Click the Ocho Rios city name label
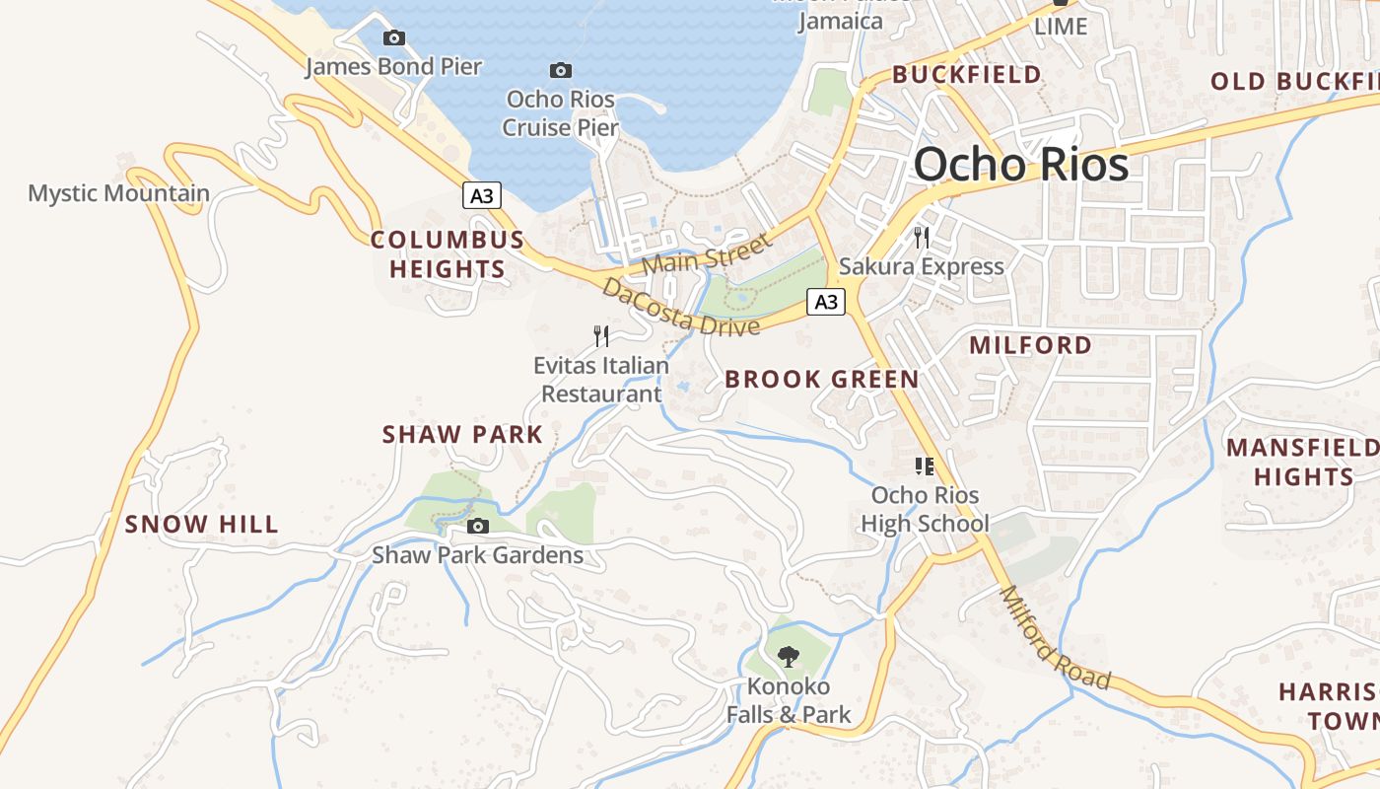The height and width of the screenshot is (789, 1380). [1020, 164]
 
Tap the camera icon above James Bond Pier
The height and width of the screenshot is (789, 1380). [394, 38]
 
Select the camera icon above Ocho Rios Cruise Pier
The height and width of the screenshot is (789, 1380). [561, 70]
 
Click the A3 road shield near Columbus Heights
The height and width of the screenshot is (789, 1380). [481, 195]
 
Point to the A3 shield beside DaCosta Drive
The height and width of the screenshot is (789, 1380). [826, 302]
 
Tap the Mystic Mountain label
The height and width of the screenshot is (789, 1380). [118, 193]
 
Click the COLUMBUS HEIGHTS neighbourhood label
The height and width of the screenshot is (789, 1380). [448, 254]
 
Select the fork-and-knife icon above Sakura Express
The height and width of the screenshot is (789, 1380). [921, 237]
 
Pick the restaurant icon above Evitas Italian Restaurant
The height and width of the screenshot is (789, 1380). [601, 336]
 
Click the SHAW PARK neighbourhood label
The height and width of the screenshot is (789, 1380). [462, 435]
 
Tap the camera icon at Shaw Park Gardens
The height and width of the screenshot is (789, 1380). [478, 527]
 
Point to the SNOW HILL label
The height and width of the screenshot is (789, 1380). [202, 525]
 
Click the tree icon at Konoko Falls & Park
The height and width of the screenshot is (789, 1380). [788, 657]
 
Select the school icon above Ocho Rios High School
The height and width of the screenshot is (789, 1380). [924, 466]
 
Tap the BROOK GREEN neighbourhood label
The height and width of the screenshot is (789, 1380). [821, 380]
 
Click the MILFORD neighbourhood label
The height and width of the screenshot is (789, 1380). [1030, 345]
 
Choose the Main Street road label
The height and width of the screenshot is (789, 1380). [705, 253]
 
